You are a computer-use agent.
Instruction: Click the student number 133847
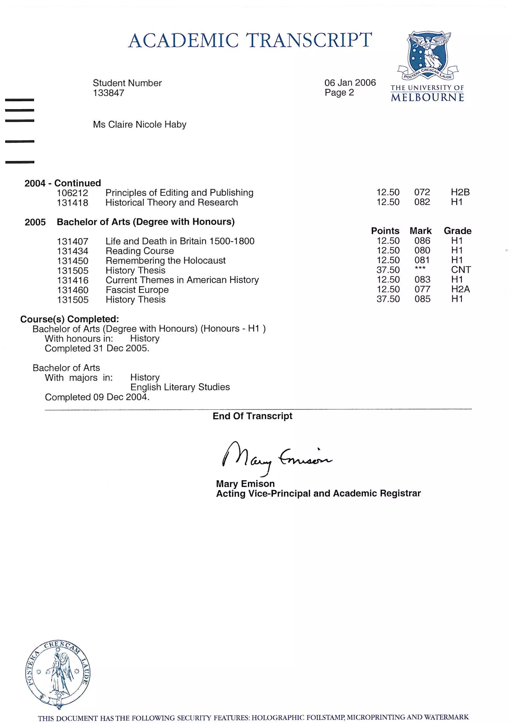click(x=108, y=93)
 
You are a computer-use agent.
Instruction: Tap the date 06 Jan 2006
click(x=350, y=83)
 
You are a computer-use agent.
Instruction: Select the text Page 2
click(x=339, y=93)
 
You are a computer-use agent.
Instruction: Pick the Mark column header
click(x=420, y=231)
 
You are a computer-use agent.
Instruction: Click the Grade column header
click(x=457, y=231)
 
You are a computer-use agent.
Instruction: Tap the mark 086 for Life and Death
click(x=422, y=241)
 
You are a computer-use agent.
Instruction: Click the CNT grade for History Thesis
click(x=461, y=270)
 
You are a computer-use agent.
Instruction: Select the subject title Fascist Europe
click(x=137, y=290)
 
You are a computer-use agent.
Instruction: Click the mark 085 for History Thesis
click(x=422, y=299)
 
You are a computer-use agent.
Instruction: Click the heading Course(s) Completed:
click(x=70, y=319)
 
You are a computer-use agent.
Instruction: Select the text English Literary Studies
click(x=180, y=387)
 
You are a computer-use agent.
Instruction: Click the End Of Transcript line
click(x=252, y=416)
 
